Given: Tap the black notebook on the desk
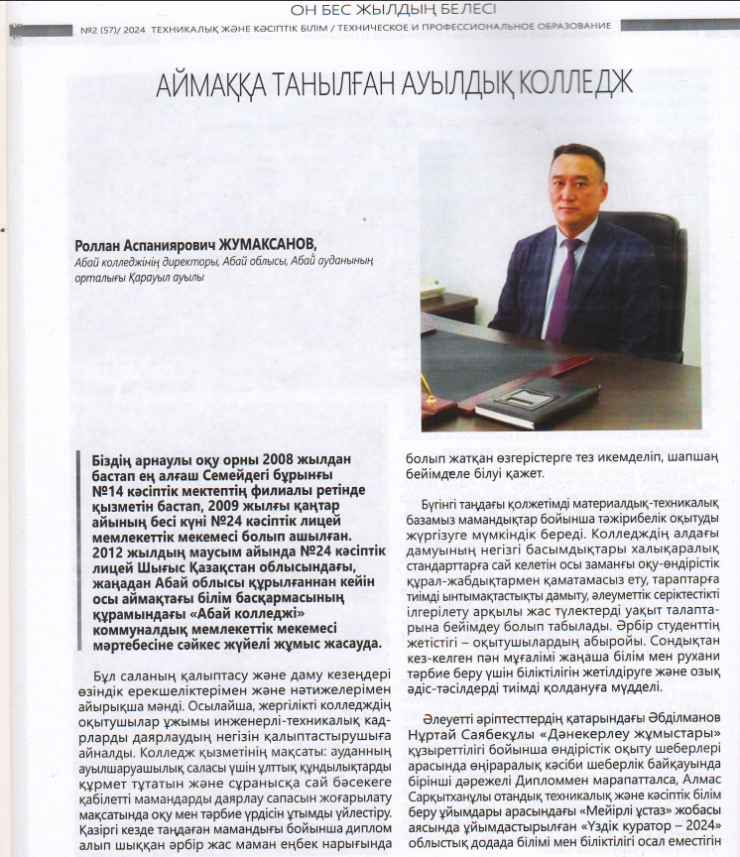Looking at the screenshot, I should tap(536, 400).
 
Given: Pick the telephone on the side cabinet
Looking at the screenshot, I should tap(432, 287).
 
